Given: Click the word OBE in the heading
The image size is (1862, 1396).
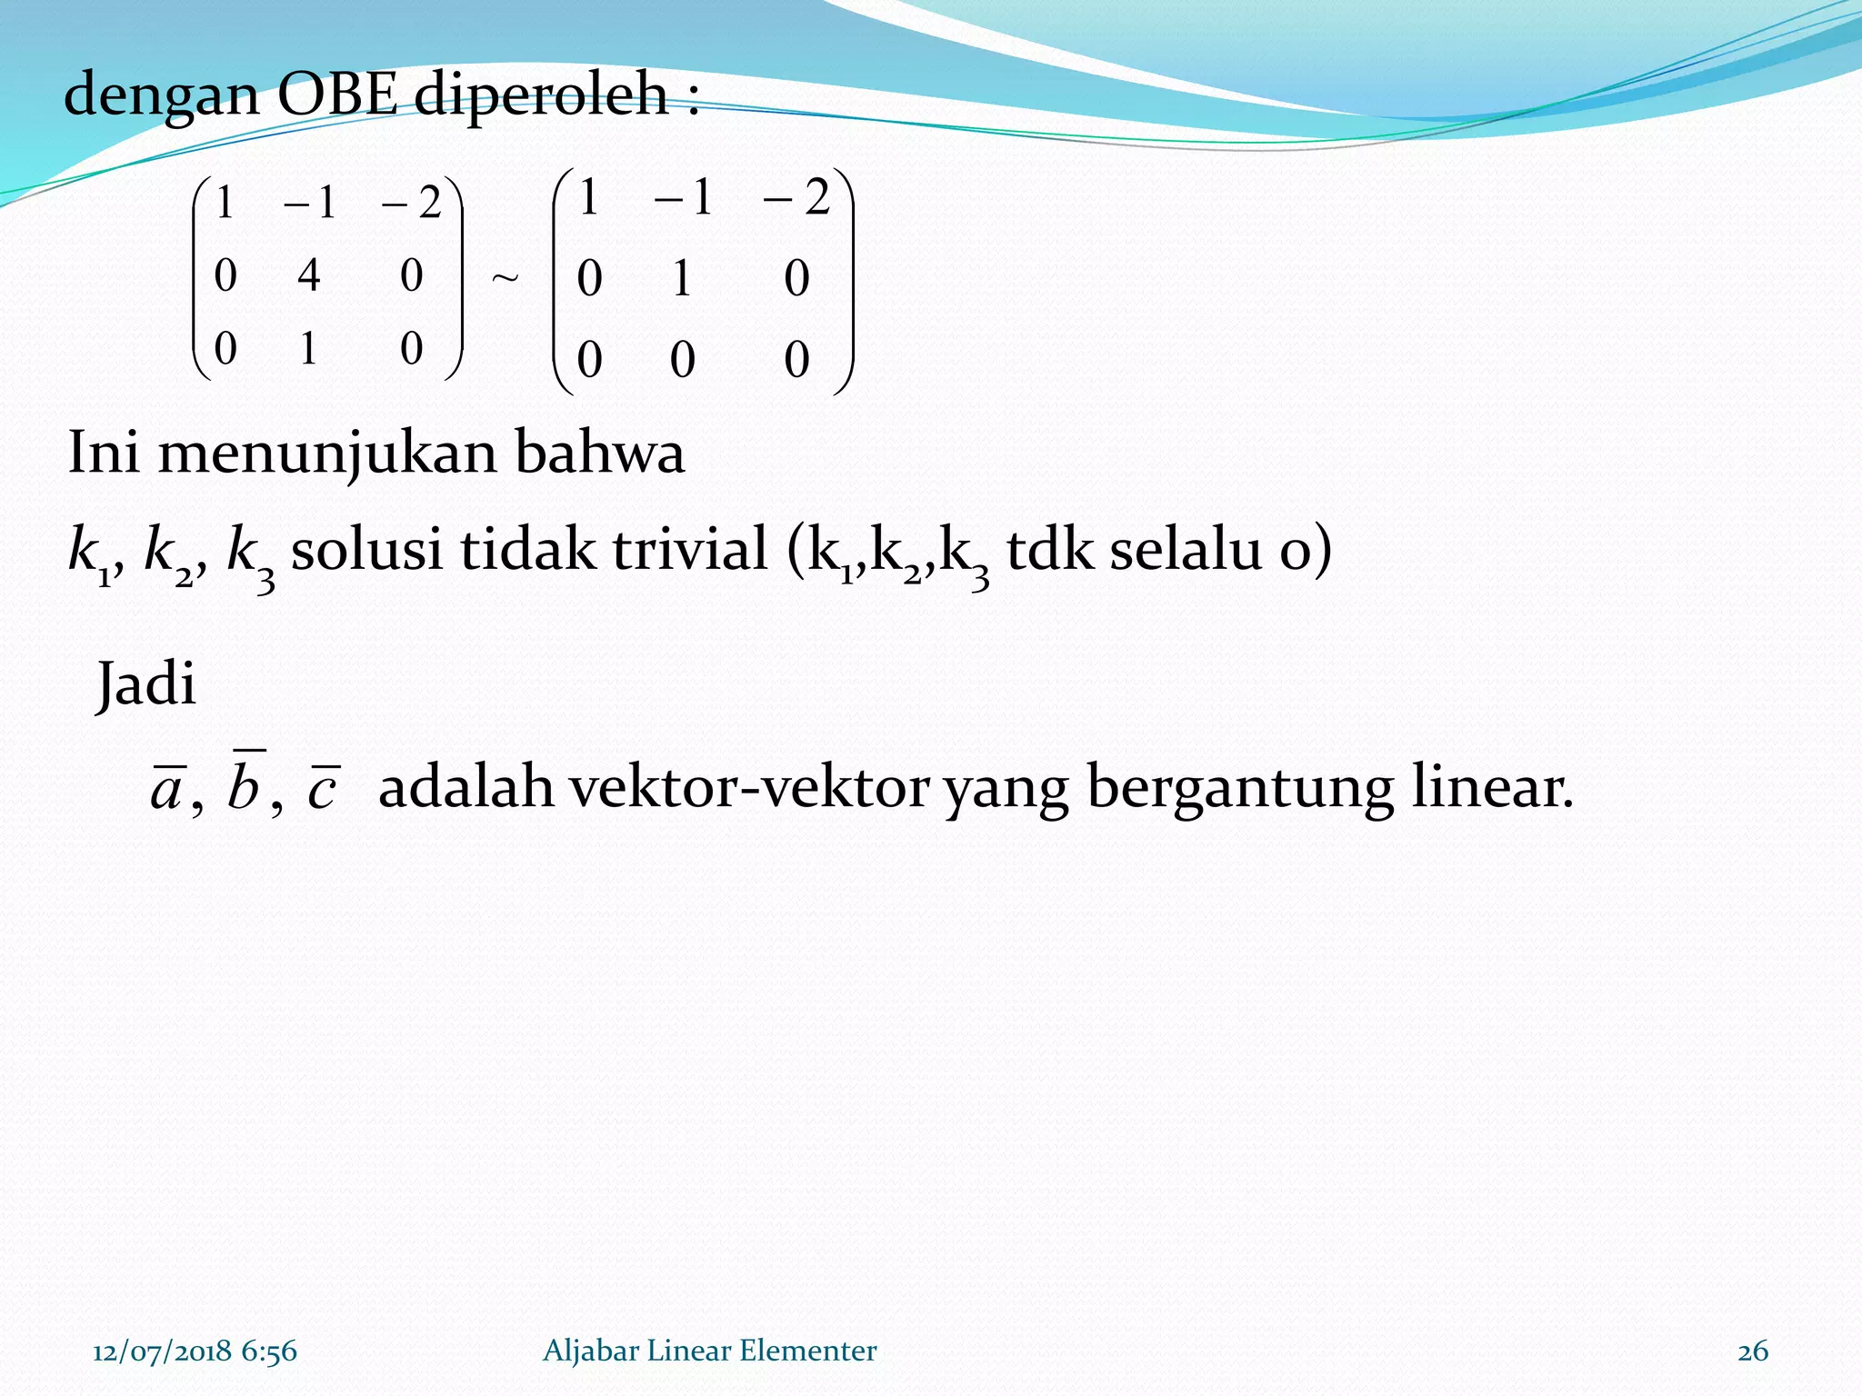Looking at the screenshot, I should pyautogui.click(x=337, y=94).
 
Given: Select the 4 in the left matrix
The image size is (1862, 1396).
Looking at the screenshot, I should pyautogui.click(x=309, y=274).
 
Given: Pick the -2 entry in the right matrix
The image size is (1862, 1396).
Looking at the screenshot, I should pyautogui.click(x=797, y=197).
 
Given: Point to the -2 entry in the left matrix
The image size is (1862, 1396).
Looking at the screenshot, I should pyautogui.click(x=412, y=202).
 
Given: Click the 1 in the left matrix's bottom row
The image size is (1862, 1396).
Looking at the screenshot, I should pyautogui.click(x=309, y=348).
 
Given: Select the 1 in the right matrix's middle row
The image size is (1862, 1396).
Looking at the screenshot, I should pyautogui.click(x=682, y=278).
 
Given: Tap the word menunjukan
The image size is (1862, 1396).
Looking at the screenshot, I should pyautogui.click(x=327, y=453).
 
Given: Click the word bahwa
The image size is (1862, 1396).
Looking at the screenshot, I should pyautogui.click(x=600, y=452).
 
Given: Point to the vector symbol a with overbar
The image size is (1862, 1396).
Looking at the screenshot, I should pyautogui.click(x=167, y=787).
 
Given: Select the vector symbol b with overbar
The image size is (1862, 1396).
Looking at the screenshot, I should pyautogui.click(x=245, y=783).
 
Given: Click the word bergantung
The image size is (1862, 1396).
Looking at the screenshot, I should pyautogui.click(x=1240, y=787).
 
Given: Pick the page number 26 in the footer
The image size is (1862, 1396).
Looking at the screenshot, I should pyautogui.click(x=1753, y=1351).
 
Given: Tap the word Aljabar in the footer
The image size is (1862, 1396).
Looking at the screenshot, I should pyautogui.click(x=590, y=1351).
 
